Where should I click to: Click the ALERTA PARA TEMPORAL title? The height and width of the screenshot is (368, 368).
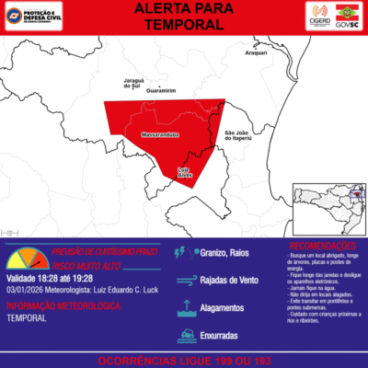[x=184, y=18]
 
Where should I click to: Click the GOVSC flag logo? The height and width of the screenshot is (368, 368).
[x=350, y=17]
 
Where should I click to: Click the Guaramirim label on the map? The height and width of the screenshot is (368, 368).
[x=161, y=91]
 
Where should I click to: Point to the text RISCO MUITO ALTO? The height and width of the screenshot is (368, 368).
[x=92, y=264]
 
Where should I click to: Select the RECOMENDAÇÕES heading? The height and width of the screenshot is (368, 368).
[x=322, y=247]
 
